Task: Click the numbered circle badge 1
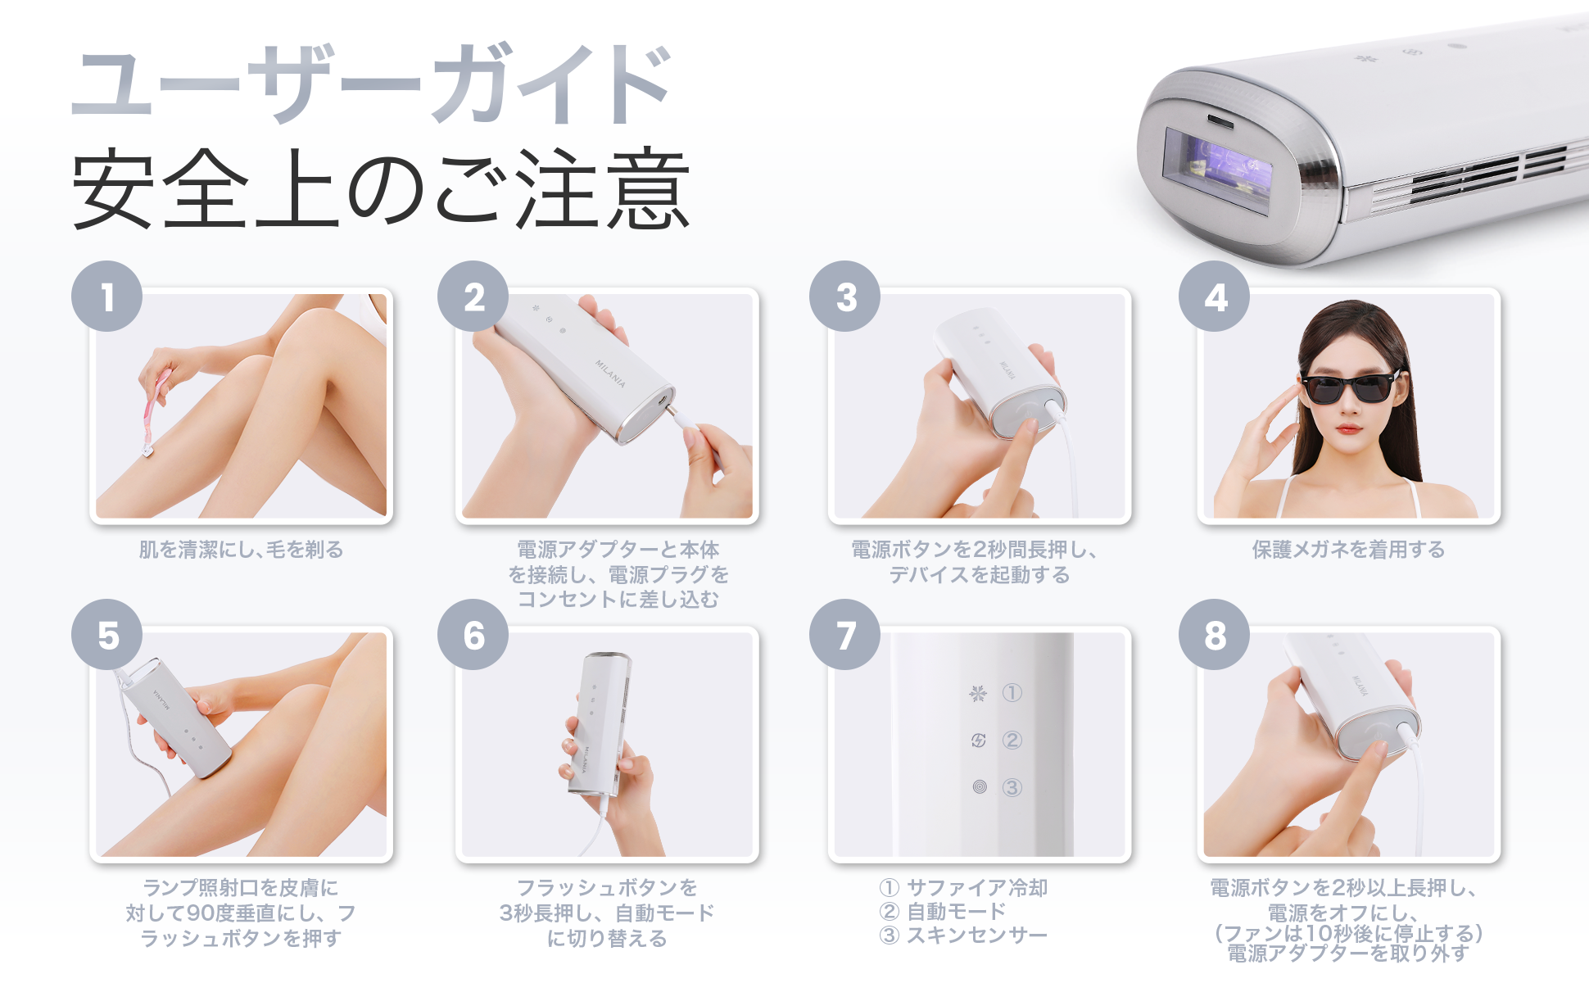pyautogui.click(x=106, y=297)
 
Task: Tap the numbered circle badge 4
pyautogui.click(x=1214, y=297)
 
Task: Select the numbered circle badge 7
pyautogui.click(x=844, y=635)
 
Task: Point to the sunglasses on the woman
pyautogui.click(x=1348, y=387)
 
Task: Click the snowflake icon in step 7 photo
pyautogui.click(x=978, y=694)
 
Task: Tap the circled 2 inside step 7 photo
pyautogui.click(x=1012, y=741)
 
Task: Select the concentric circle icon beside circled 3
pyautogui.click(x=980, y=787)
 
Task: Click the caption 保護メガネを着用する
pyautogui.click(x=1348, y=550)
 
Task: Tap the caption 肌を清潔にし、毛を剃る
pyautogui.click(x=241, y=550)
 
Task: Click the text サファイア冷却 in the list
pyautogui.click(x=976, y=888)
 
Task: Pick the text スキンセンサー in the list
pyautogui.click(x=976, y=935)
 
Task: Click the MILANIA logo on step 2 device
pyautogui.click(x=610, y=374)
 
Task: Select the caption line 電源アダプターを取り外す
pyautogui.click(x=1348, y=954)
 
